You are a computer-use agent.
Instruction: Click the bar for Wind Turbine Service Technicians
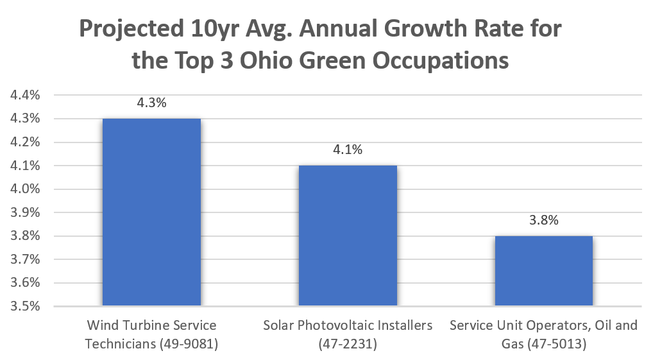tap(151, 212)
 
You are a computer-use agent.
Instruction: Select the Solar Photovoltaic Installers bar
tap(348, 236)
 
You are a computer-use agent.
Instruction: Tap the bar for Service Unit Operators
tap(543, 271)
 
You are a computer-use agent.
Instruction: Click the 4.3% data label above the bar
tap(151, 103)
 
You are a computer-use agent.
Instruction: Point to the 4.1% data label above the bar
tap(348, 150)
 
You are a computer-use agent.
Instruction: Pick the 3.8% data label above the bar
tap(543, 220)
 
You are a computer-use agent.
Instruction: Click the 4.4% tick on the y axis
tap(23, 95)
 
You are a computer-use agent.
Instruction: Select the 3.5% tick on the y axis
tap(23, 306)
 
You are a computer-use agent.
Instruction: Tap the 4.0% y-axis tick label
tap(23, 189)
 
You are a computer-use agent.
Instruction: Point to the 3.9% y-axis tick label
tap(23, 212)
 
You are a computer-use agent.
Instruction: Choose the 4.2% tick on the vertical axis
tap(23, 142)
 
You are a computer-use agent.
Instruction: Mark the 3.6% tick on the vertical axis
tap(23, 283)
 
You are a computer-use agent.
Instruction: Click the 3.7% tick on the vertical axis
tap(23, 259)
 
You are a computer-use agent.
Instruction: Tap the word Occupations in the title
tap(442, 60)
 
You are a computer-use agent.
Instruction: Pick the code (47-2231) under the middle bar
tap(348, 344)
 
